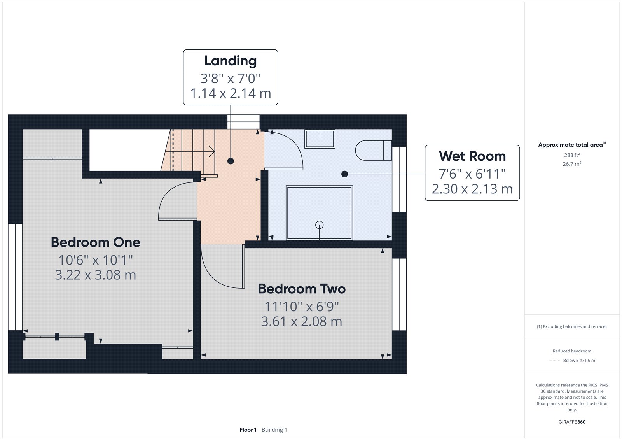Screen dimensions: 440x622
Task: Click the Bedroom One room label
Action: coord(95,242)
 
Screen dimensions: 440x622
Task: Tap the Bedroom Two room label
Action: coord(302,289)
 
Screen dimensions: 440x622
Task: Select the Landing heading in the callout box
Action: coord(231,61)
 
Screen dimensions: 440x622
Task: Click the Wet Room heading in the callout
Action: coord(472,156)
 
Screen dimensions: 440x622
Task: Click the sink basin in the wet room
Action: coord(320,139)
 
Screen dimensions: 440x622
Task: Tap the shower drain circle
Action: coord(319,224)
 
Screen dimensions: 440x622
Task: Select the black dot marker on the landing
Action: coord(231,161)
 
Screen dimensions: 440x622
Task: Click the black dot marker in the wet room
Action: coord(344,174)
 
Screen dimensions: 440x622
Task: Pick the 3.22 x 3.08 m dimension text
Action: coord(95,275)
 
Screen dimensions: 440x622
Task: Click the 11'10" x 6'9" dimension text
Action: coord(302,307)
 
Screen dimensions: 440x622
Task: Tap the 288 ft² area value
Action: coord(572,155)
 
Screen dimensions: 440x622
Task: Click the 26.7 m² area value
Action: coord(572,164)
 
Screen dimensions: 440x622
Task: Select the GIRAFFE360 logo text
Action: coord(572,422)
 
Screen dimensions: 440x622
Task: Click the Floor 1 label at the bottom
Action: coord(248,430)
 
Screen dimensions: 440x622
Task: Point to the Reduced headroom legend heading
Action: coord(572,351)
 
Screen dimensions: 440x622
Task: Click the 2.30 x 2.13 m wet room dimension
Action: coord(472,189)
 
